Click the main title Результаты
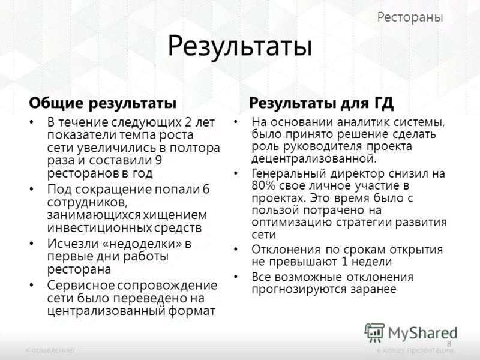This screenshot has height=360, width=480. point(240,47)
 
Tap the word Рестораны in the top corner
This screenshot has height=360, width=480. point(410,17)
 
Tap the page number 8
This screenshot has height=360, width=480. point(449,343)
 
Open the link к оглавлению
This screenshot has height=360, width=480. point(49,350)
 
